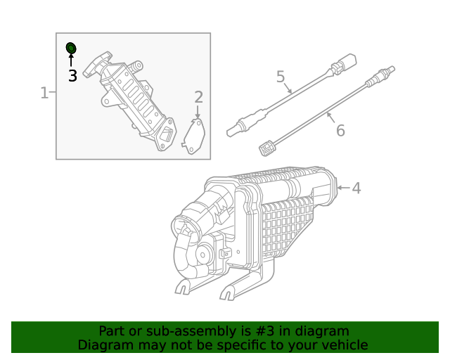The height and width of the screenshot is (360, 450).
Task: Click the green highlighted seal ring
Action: [70, 48]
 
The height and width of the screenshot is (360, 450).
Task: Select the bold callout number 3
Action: [72, 76]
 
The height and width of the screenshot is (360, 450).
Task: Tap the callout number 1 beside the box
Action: [44, 93]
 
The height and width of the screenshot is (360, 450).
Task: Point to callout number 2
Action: [198, 97]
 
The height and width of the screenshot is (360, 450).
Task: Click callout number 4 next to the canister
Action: [356, 188]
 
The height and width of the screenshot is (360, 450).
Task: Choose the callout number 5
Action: [280, 76]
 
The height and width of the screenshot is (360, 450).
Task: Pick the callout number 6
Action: [340, 130]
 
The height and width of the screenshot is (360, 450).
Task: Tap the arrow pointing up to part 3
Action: [70, 60]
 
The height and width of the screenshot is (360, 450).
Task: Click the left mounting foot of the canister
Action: [182, 287]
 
